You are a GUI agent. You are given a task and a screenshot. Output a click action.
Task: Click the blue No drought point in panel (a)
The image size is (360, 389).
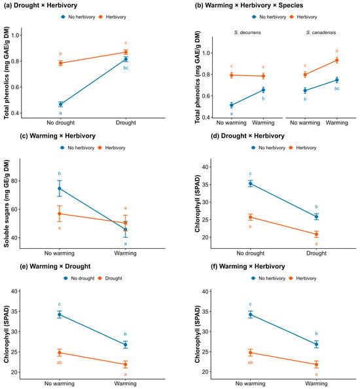(60, 104)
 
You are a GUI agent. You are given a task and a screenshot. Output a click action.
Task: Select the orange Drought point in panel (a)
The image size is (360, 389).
(126, 52)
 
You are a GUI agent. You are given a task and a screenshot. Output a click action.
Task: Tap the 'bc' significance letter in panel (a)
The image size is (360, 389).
(126, 68)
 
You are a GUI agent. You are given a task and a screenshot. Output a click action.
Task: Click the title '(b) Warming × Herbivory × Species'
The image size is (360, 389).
(249, 5)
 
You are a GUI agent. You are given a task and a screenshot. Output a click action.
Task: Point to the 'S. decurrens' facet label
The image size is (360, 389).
(247, 33)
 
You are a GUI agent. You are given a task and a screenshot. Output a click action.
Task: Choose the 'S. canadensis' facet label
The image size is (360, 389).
(321, 33)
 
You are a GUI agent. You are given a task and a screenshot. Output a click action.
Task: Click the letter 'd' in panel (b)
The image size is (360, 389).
(336, 51)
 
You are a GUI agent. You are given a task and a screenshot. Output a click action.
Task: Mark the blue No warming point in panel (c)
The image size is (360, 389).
(60, 189)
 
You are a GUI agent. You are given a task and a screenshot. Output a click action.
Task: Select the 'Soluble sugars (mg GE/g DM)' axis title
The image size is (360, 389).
(7, 204)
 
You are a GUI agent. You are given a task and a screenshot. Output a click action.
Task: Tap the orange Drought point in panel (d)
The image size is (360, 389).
(316, 234)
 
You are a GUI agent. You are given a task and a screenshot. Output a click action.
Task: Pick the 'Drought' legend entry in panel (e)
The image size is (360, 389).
(111, 278)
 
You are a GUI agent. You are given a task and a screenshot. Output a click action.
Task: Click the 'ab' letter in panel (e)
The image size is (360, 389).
(60, 363)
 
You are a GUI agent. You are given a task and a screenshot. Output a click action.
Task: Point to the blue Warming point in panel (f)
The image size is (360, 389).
(316, 344)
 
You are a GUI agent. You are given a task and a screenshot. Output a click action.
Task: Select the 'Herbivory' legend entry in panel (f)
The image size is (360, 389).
(302, 278)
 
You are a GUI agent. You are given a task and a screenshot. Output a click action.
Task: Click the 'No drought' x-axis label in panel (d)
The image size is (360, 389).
(250, 253)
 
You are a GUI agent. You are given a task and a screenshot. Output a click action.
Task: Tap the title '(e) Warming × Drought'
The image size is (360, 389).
(55, 267)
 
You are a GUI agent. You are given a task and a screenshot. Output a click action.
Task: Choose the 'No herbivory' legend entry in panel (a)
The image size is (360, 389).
(78, 17)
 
